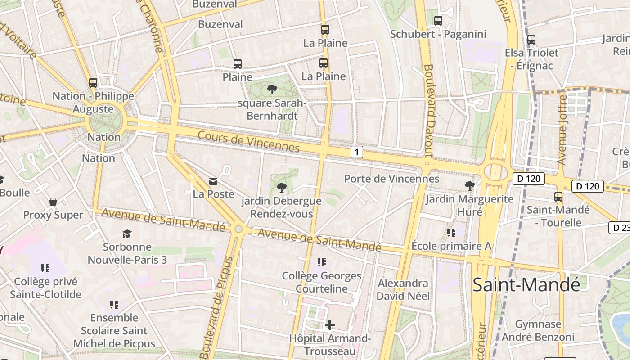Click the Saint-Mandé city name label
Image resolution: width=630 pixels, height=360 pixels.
click(x=526, y=284)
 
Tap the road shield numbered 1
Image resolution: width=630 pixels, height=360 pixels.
click(x=356, y=152)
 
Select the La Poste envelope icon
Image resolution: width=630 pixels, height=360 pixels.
click(x=213, y=181)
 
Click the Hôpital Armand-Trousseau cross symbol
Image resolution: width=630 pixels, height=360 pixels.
click(x=330, y=324)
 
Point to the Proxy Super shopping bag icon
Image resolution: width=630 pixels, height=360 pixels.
click(x=53, y=202)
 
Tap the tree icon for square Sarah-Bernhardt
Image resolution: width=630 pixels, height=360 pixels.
click(x=272, y=90)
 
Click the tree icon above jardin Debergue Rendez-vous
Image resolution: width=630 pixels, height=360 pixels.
click(x=282, y=187)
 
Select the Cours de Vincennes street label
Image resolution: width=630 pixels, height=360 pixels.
click(x=248, y=141)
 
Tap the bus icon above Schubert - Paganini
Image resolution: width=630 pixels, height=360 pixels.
click(x=438, y=21)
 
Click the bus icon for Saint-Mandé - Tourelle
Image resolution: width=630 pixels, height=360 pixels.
click(x=558, y=197)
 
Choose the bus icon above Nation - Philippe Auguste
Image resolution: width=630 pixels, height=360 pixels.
click(x=93, y=83)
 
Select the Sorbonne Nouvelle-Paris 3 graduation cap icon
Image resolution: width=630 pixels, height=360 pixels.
click(x=127, y=234)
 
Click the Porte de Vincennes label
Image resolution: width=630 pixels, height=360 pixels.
click(x=391, y=179)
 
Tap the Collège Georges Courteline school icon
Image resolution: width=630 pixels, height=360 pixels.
click(x=321, y=262)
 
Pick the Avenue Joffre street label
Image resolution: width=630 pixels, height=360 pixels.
click(x=562, y=130)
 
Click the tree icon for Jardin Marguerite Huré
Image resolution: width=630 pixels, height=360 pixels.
click(x=469, y=185)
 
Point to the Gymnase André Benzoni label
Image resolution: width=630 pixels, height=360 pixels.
click(x=538, y=330)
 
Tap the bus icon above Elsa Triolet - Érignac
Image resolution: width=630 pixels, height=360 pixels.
click(x=531, y=40)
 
